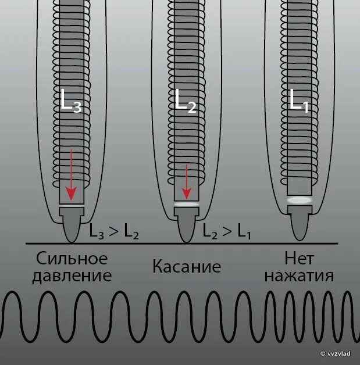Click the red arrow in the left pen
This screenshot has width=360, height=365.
tap(71, 174)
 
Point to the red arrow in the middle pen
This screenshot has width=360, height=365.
tap(186, 181)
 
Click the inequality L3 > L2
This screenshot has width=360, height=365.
tap(114, 232)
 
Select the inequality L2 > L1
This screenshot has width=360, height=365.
tap(226, 232)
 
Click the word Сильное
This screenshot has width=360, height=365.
tap(72, 257)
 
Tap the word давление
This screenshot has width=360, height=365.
tap(72, 275)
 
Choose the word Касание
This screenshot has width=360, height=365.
tap(187, 267)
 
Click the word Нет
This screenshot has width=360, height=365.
tap(299, 257)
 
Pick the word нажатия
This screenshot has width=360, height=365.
tap(299, 275)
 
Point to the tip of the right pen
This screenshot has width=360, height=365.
tap(299, 235)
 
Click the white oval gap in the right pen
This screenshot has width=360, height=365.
tap(299, 200)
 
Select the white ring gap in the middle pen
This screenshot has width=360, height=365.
tap(186, 204)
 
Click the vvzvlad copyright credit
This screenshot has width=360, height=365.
tap(337, 353)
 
